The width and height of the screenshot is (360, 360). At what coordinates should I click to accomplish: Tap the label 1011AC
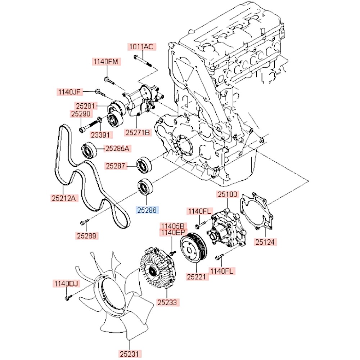pos(142,46)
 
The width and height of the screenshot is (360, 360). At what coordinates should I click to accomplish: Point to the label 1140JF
pos(69,92)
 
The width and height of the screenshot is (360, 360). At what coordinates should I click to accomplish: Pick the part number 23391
pos(101,135)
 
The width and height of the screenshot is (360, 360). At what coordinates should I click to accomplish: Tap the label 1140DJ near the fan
pos(66,284)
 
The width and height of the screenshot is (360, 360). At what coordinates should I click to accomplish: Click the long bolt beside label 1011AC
pos(143,60)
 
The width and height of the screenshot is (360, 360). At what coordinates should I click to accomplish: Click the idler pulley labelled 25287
pos(145,165)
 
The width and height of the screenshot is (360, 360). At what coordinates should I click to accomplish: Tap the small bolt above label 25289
pos(84,223)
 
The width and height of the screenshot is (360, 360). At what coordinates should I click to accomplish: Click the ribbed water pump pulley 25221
pos(193,249)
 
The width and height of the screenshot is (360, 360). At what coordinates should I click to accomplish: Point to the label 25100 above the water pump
pos(227,195)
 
